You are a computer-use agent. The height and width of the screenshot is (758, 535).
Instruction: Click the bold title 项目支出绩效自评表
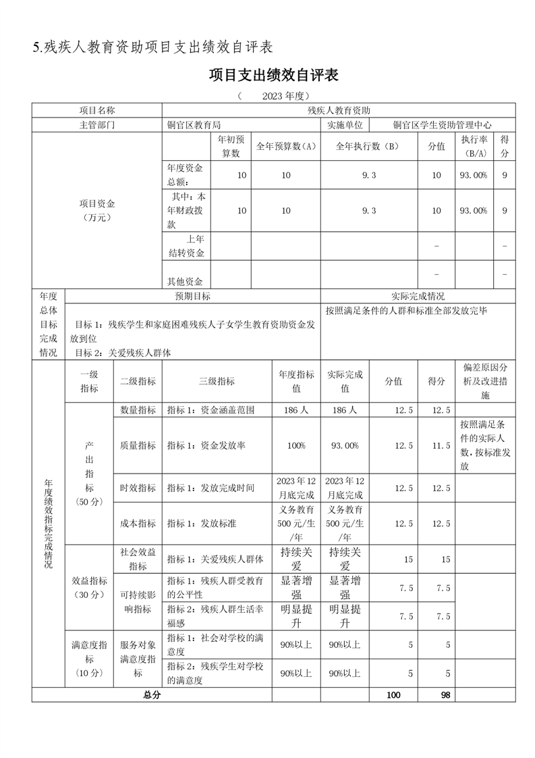273,75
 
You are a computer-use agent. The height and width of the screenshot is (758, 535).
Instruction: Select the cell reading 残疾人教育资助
339,110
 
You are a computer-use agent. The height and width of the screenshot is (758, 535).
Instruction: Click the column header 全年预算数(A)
286,146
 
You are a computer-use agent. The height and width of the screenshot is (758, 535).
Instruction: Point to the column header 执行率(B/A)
474,146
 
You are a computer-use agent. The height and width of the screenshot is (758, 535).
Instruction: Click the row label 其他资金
185,282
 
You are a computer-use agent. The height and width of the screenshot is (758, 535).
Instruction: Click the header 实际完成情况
418,297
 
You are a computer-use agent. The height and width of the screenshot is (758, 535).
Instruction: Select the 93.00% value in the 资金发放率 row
345,446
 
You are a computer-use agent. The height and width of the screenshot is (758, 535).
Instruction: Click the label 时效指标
138,488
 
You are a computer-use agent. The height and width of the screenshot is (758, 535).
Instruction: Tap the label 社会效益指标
138,559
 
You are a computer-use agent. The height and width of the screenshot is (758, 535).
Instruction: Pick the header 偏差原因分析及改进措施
485,381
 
